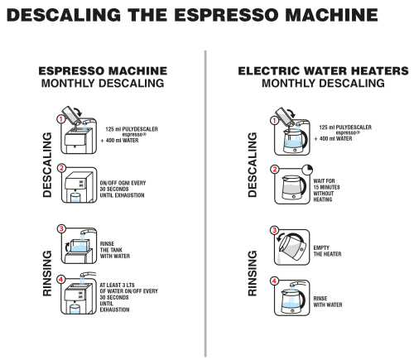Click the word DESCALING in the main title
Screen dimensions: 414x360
(x=64, y=15)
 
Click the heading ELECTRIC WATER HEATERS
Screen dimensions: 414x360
(x=323, y=71)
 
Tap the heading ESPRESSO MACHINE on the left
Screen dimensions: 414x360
(x=103, y=71)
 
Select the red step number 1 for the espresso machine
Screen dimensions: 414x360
(x=60, y=119)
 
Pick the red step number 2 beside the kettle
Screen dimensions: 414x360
(x=274, y=169)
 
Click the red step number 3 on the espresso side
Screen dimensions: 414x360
(x=61, y=228)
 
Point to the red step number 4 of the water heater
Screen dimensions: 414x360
(x=274, y=281)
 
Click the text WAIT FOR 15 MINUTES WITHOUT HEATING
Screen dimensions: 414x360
(x=326, y=190)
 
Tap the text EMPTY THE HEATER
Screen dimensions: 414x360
(x=327, y=251)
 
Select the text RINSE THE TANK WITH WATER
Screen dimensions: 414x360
(x=115, y=250)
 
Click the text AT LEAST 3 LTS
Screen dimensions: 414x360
(x=117, y=285)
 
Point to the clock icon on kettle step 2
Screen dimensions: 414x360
(x=307, y=170)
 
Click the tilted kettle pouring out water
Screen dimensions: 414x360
(x=292, y=247)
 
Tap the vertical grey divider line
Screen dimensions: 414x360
(x=205, y=204)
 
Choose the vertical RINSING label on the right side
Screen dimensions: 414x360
(x=253, y=273)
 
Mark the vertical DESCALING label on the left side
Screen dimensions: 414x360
(x=47, y=165)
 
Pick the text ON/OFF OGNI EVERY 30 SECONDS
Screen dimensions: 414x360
(x=123, y=186)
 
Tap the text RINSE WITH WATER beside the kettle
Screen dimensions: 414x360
(x=328, y=301)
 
